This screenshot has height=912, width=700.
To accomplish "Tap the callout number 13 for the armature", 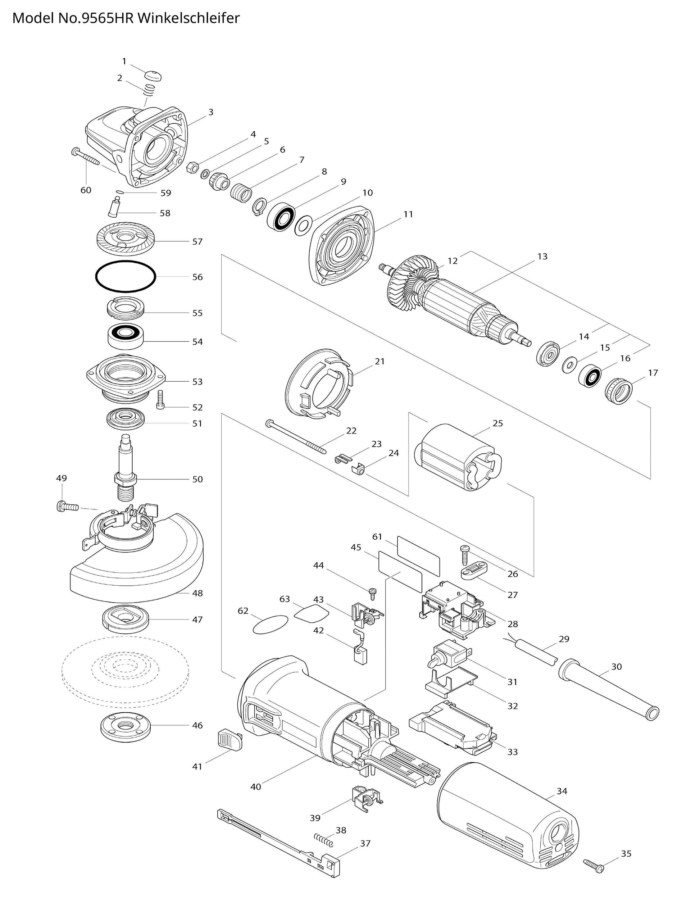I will [542, 256].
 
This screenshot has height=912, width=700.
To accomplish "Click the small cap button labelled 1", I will [153, 76].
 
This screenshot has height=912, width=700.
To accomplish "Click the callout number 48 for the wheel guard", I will [197, 593].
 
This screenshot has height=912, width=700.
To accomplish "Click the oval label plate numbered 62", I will [271, 625].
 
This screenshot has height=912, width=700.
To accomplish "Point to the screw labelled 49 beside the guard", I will [67, 507].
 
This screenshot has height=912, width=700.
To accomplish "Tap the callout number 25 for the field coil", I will [497, 423].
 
